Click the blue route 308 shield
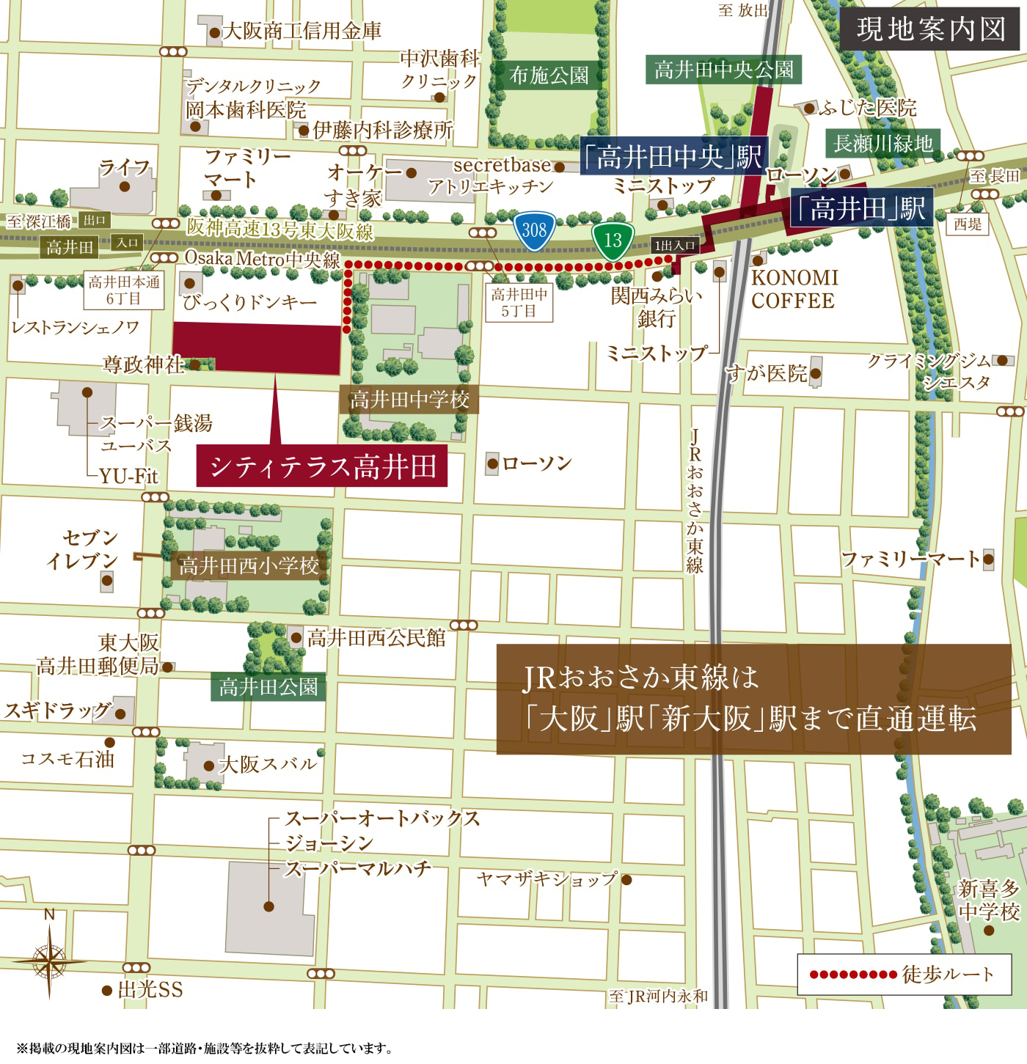coord(534,231)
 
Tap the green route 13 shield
coord(613,240)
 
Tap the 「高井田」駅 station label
coord(860,210)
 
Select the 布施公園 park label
coord(549,76)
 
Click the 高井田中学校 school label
coord(409,400)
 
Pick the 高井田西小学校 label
coord(249,566)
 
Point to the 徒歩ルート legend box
coord(903,975)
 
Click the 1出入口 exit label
coord(674,246)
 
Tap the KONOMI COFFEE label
coord(793,289)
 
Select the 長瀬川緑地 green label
coord(883,144)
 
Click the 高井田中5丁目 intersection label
coord(519,303)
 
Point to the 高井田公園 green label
coord(268,687)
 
